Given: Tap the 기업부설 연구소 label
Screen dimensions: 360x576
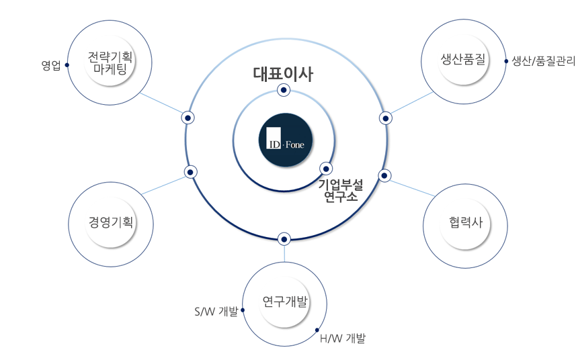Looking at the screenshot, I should tap(340, 191).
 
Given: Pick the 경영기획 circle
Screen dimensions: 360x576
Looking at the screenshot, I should tap(112, 223).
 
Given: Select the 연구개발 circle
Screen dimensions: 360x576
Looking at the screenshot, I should tap(285, 303).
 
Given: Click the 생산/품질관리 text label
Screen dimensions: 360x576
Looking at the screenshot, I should tap(543, 60).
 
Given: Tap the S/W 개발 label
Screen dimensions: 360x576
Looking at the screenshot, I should tap(216, 311).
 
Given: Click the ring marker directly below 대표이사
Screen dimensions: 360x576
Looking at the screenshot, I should tap(284, 89).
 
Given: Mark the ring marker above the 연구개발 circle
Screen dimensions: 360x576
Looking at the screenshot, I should tap(284, 238).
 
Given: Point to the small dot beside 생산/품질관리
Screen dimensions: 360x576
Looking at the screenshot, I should tap(506, 60).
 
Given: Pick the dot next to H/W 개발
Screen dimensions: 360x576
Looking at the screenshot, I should tap(317, 330).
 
